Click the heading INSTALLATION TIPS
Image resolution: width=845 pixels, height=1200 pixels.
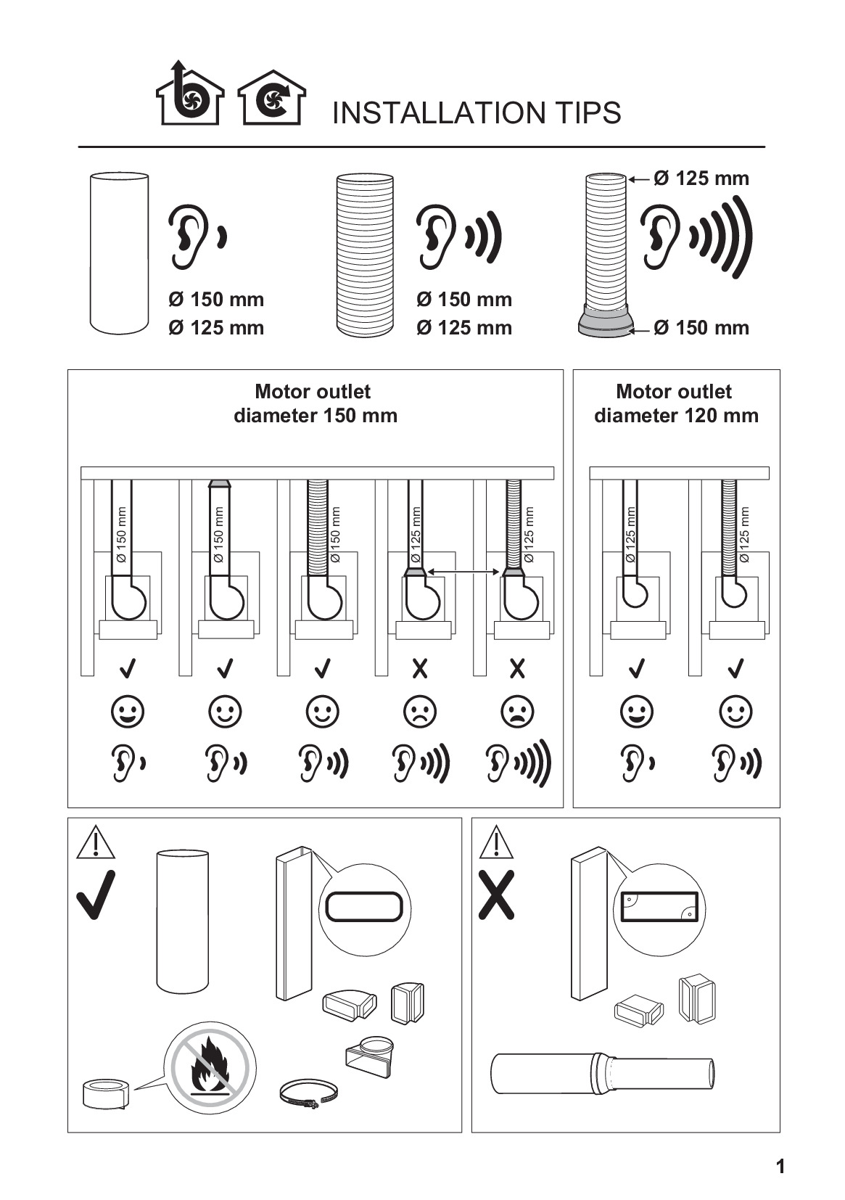tap(476, 113)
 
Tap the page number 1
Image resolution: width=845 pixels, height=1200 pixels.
tap(780, 1166)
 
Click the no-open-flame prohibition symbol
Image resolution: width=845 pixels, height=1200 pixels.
tap(210, 1068)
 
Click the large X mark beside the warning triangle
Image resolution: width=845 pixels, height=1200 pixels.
tap(496, 895)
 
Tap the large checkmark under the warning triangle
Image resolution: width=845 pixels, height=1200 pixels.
tap(96, 895)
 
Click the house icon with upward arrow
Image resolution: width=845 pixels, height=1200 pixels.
tap(190, 93)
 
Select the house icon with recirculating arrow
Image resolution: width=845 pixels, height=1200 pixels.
tap(272, 97)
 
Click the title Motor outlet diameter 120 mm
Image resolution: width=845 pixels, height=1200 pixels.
tap(676, 403)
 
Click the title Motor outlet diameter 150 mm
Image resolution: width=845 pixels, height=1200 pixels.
tap(315, 403)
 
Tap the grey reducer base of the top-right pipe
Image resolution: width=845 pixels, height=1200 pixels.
tap(606, 321)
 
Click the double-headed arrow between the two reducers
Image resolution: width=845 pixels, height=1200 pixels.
tap(464, 572)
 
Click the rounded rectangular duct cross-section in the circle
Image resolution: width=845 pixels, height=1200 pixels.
tap(364, 907)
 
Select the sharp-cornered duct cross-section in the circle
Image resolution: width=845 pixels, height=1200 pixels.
tap(659, 906)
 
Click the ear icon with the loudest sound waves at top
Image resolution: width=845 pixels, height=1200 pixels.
tap(696, 237)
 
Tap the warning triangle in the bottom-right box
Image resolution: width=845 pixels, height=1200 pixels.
tap(496, 842)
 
